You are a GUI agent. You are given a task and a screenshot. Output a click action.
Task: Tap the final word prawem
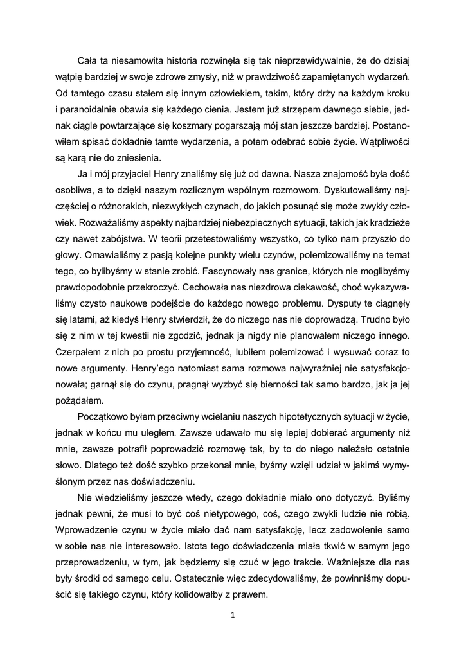click(x=249, y=596)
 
